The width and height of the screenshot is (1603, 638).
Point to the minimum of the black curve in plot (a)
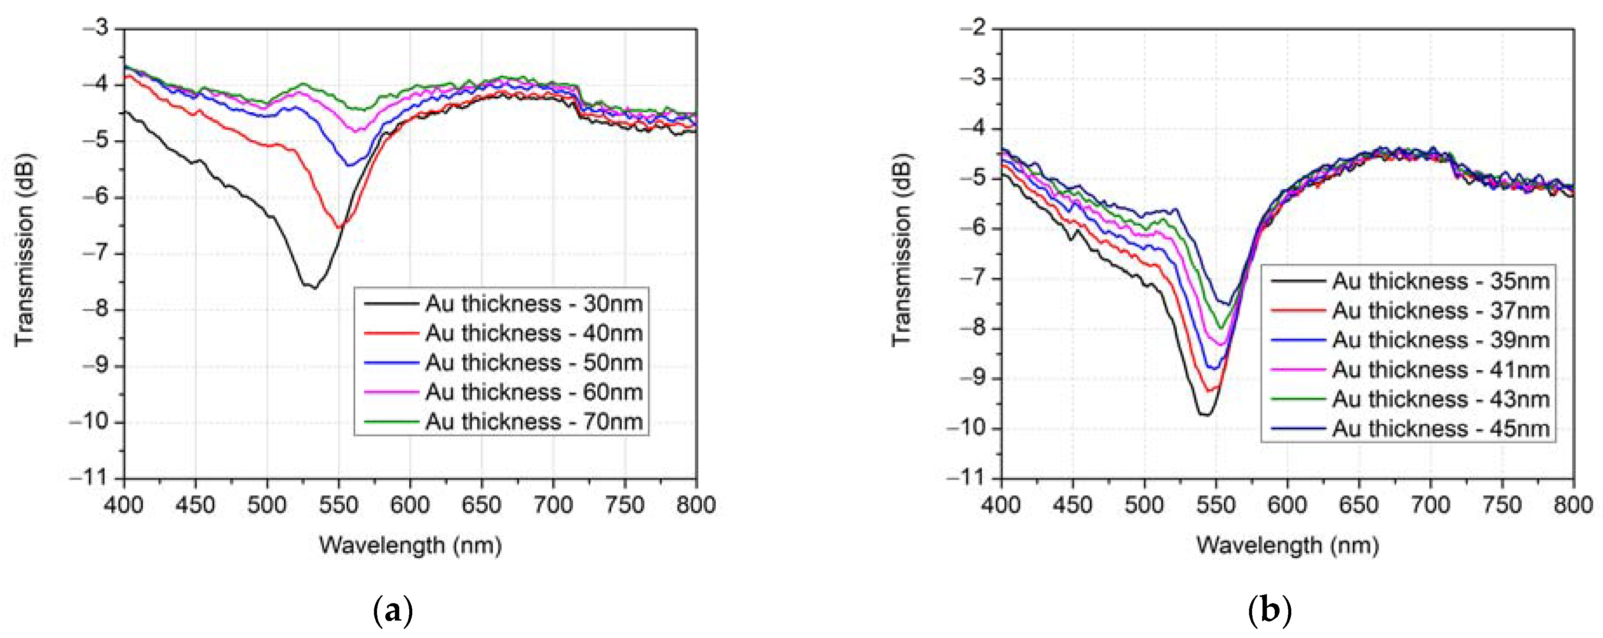[x=314, y=287]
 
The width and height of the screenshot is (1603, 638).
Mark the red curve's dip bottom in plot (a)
[x=339, y=228]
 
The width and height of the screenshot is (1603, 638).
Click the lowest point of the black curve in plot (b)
[x=1206, y=414]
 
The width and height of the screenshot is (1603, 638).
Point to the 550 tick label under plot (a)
[x=339, y=504]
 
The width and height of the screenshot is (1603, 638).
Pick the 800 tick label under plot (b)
[x=1572, y=504]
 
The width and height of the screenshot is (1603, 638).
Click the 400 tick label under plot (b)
[x=1001, y=504]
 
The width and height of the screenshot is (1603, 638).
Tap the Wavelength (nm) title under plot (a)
[x=410, y=545]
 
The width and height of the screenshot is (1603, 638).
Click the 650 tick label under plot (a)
[x=482, y=504]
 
